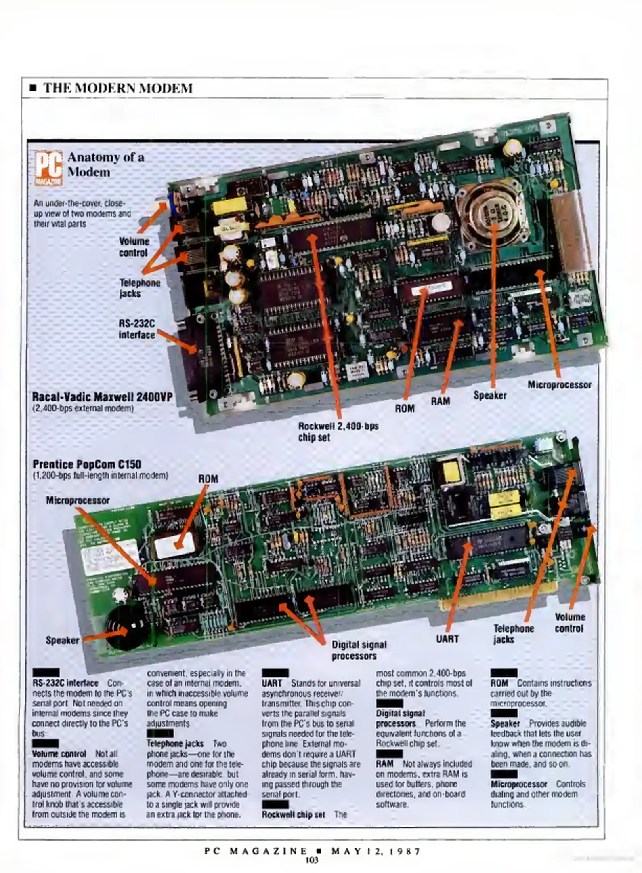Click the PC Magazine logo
pos(48,168)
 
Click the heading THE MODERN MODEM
pos(118,88)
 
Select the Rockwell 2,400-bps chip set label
pos(338,432)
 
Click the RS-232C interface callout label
pos(137,329)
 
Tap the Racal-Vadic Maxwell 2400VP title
pos(102,396)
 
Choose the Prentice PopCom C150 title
pos(87,464)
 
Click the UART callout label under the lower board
pos(447,639)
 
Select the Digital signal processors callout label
pos(359,650)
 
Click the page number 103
pos(312,860)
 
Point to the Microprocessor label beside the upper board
pos(559,385)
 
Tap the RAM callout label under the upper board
pos(440,401)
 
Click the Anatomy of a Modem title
pos(106,164)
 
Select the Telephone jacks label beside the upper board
pos(140,288)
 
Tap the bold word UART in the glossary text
pos(272,683)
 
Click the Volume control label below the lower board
pos(569,623)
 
